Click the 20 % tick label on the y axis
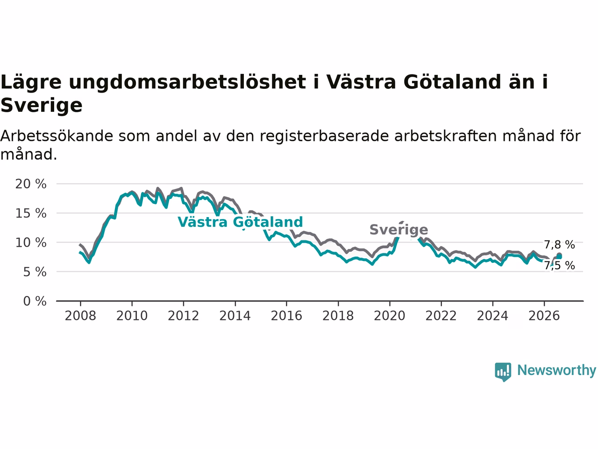pyautogui.click(x=31, y=184)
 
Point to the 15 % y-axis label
pyautogui.click(x=31, y=213)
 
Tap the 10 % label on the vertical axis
pyautogui.click(x=31, y=243)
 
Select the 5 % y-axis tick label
pyautogui.click(x=35, y=272)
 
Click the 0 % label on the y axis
pyautogui.click(x=35, y=301)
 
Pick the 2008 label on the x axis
pyautogui.click(x=80, y=316)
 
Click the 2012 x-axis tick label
pyautogui.click(x=183, y=316)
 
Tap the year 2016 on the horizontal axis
pyautogui.click(x=286, y=316)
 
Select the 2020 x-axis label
pyautogui.click(x=390, y=316)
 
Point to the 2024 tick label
pyautogui.click(x=492, y=316)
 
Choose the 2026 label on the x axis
pyautogui.click(x=544, y=316)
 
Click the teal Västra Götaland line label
pyautogui.click(x=240, y=222)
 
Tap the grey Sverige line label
pyautogui.click(x=399, y=230)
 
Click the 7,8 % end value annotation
pyautogui.click(x=560, y=245)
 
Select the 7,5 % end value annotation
pyautogui.click(x=560, y=266)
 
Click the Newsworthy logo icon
pyautogui.click(x=503, y=372)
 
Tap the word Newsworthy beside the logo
pyautogui.click(x=556, y=370)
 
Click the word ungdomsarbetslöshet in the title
pyautogui.click(x=187, y=82)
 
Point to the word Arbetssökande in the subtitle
pyautogui.click(x=57, y=136)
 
